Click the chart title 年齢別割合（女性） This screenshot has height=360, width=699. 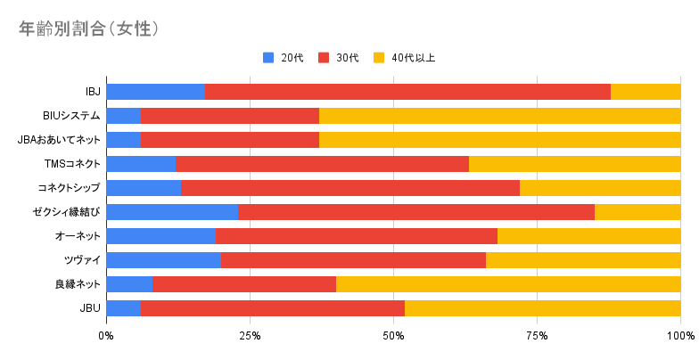point(89,29)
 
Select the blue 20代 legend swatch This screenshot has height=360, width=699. point(268,58)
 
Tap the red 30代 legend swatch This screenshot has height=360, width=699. point(324,58)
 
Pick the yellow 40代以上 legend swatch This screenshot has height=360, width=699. point(379,58)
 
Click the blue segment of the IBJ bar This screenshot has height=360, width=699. point(155,92)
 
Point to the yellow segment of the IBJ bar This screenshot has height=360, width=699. point(646,92)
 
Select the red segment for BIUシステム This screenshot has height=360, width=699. point(230,116)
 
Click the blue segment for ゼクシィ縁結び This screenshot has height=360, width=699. point(172,212)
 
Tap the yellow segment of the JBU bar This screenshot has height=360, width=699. point(542,308)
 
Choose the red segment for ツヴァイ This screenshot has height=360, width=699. point(353,260)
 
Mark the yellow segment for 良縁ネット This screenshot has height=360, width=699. point(508,284)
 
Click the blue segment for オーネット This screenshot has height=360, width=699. point(160,236)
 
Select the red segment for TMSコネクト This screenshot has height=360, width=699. point(323,164)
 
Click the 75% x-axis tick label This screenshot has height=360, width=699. point(537,336)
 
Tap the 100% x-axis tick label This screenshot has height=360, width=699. point(681,336)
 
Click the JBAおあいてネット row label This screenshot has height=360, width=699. point(59,140)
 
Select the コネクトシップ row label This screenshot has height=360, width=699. point(69,188)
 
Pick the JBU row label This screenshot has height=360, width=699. point(90,308)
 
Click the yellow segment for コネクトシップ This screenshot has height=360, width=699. point(600,188)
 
